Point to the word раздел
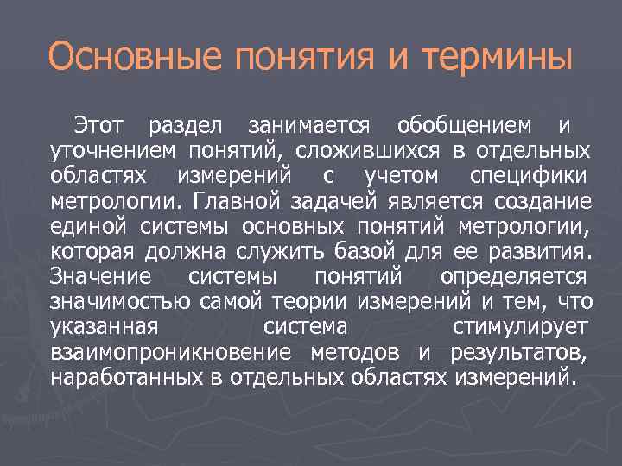point(187,126)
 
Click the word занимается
point(308,127)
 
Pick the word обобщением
point(465,127)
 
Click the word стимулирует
point(520,328)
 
